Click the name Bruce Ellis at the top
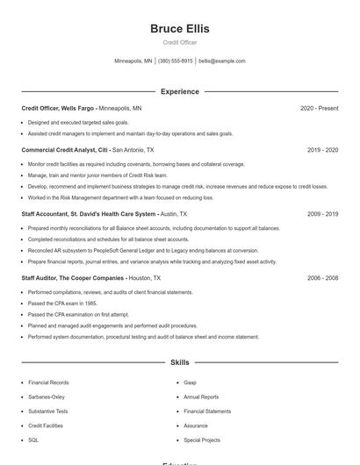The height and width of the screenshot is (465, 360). [180, 28]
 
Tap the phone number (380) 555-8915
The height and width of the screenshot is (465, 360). [175, 61]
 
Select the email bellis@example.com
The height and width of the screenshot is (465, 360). [222, 61]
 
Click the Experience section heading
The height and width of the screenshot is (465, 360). [180, 91]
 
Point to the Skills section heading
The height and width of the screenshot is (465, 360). [180, 361]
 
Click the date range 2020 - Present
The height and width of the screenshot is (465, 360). [319, 108]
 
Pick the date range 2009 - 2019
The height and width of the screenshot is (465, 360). [322, 214]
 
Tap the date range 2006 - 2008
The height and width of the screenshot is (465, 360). [322, 277]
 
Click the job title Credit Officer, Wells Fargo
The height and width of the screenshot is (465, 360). [57, 108]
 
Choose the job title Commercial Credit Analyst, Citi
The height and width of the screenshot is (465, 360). [64, 150]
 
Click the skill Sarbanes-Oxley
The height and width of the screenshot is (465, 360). [47, 397]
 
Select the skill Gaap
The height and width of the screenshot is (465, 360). [190, 383]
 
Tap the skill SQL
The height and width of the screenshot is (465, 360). [33, 440]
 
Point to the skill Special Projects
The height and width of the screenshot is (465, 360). [202, 440]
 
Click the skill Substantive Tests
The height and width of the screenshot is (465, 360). [47, 411]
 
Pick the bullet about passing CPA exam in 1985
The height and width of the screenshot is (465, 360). [62, 303]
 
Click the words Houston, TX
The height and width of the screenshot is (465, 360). [146, 277]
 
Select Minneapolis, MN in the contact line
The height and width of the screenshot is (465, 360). [133, 61]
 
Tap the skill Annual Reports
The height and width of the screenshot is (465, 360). [201, 397]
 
